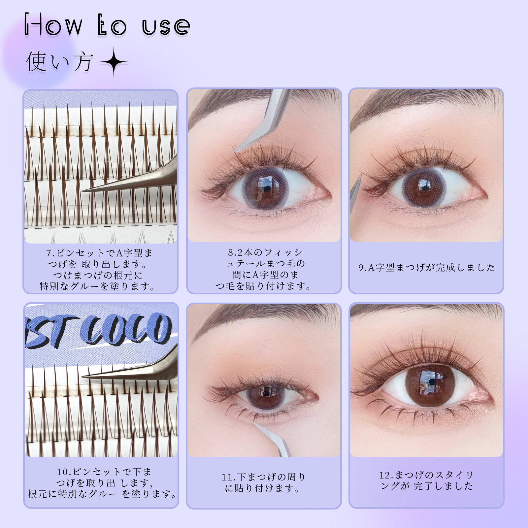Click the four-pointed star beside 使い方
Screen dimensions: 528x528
[x=114, y=62]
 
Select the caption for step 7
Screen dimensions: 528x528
[x=98, y=270]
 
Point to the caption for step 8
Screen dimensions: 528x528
[x=264, y=269]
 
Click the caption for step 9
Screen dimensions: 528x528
[x=427, y=267]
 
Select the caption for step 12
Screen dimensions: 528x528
[x=426, y=480]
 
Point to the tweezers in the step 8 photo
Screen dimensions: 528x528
[x=262, y=120]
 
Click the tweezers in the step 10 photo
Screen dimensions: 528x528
[x=130, y=366]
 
